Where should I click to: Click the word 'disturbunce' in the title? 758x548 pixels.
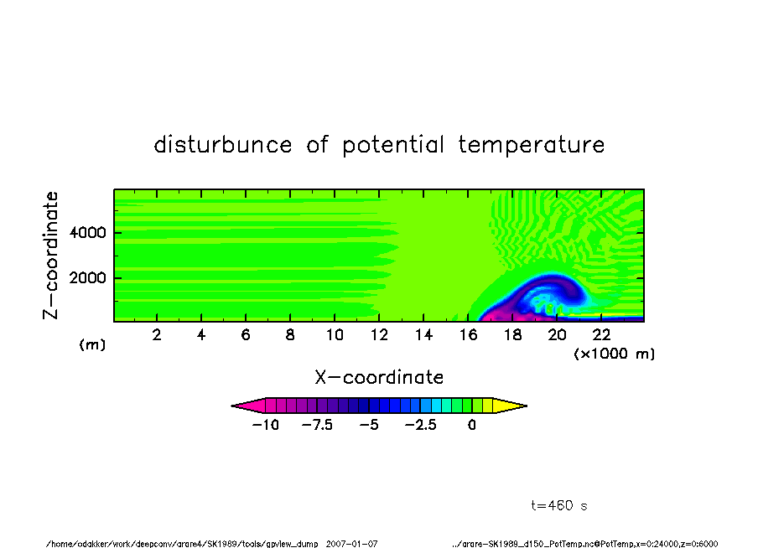pyautogui.click(x=223, y=144)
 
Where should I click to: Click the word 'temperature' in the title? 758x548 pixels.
pyautogui.click(x=532, y=145)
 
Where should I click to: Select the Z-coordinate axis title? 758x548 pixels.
pyautogui.click(x=50, y=256)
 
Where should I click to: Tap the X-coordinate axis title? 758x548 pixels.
pyautogui.click(x=379, y=377)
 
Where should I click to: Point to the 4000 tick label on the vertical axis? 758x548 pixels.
pyautogui.click(x=87, y=232)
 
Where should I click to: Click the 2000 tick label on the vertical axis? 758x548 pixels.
pyautogui.click(x=87, y=278)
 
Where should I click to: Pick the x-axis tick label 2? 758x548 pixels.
pyautogui.click(x=157, y=334)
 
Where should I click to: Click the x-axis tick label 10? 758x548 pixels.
pyautogui.click(x=335, y=334)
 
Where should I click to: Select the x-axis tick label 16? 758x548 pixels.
pyautogui.click(x=468, y=334)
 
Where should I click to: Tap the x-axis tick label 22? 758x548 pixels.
pyautogui.click(x=601, y=334)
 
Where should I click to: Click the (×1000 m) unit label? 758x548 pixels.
pyautogui.click(x=614, y=354)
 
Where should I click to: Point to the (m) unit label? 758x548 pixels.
pyautogui.click(x=92, y=344)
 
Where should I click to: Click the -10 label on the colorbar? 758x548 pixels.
pyautogui.click(x=266, y=425)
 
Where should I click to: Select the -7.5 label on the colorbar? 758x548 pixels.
pyautogui.click(x=317, y=425)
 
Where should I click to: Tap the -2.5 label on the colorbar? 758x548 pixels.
pyautogui.click(x=421, y=425)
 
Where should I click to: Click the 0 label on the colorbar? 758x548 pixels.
pyautogui.click(x=472, y=425)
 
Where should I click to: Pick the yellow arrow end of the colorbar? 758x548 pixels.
pyautogui.click(x=510, y=406)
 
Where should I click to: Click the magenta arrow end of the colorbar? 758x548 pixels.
pyautogui.click(x=248, y=406)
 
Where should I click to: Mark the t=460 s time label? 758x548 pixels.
pyautogui.click(x=559, y=505)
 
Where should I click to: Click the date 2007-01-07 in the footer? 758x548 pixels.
pyautogui.click(x=351, y=544)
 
